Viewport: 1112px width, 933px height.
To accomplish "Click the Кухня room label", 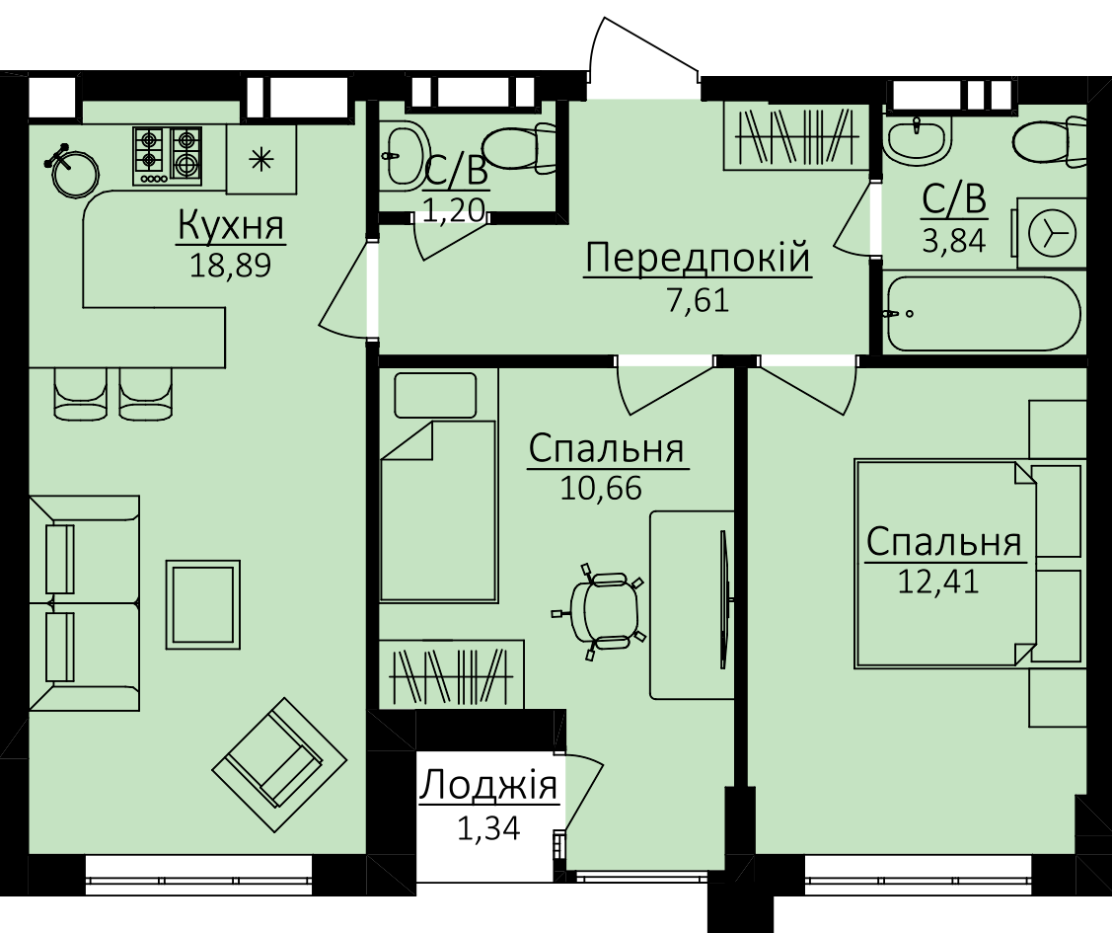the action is click(x=231, y=226).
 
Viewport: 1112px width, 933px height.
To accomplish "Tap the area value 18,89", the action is click(x=231, y=266).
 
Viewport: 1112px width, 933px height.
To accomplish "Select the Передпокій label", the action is click(x=698, y=258).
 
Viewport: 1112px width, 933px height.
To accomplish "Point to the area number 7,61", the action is click(x=698, y=301).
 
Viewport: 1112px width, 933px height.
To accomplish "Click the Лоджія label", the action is click(x=488, y=786).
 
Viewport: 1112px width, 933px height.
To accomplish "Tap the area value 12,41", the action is click(x=938, y=582).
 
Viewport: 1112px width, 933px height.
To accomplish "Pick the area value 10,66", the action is click(x=602, y=488).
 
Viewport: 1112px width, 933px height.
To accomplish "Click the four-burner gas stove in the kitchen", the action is click(x=168, y=155).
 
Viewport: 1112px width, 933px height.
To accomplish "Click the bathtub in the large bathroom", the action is click(x=983, y=314).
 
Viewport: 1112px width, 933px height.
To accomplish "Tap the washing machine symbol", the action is click(x=1051, y=233).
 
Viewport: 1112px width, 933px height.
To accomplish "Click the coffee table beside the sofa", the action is click(x=203, y=604).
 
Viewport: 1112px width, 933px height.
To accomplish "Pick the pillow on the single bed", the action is click(x=435, y=395).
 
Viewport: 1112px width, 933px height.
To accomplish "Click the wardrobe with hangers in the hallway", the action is click(x=795, y=137).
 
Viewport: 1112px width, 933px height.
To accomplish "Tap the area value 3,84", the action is click(x=954, y=241).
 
